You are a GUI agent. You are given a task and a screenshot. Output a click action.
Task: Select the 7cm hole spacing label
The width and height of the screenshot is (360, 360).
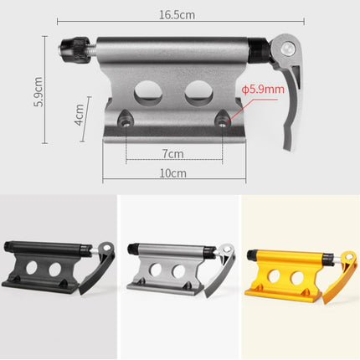[x=173, y=153]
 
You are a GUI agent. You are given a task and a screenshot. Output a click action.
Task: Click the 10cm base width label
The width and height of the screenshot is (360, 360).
[x=173, y=172]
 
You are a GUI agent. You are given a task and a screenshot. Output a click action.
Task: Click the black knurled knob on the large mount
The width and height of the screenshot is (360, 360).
[x=72, y=49]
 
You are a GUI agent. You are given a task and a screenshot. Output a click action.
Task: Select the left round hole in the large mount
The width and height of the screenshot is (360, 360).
[x=148, y=90]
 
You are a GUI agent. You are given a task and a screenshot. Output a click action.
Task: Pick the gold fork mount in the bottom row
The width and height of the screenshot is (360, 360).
[x=297, y=268]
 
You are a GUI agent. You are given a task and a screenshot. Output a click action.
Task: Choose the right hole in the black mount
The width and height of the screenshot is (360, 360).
[x=56, y=270]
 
